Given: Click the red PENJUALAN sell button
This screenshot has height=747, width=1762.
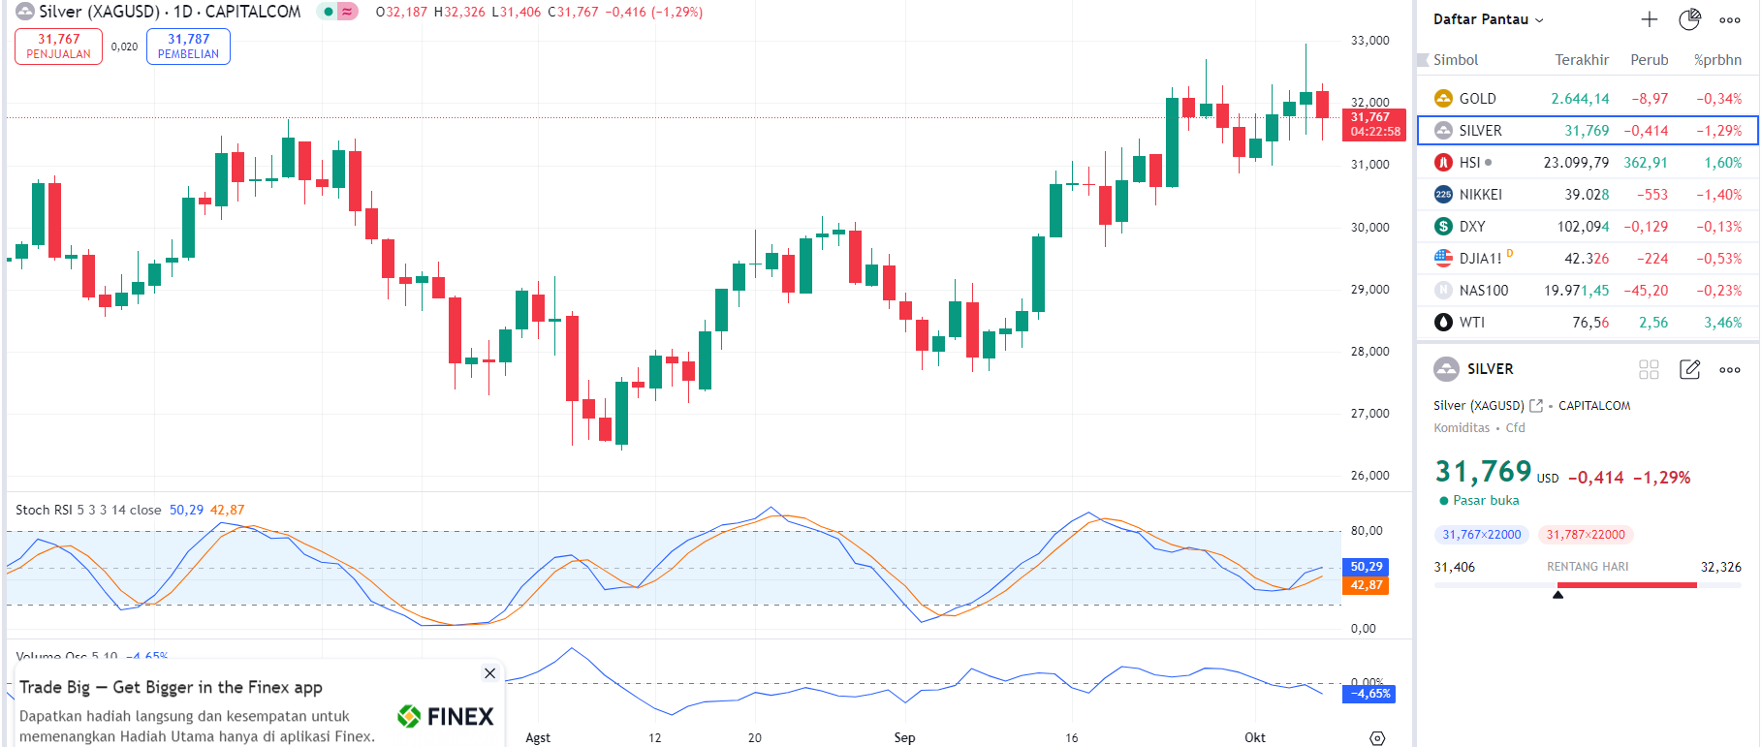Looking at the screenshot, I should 58,47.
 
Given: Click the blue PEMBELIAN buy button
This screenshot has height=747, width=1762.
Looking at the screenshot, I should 188,47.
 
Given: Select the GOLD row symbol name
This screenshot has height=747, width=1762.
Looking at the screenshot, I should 1477,99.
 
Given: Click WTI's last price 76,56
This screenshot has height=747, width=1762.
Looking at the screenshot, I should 1589,323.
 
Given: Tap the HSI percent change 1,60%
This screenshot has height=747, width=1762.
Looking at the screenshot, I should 1722,163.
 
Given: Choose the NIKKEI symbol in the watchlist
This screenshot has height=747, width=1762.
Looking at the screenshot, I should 1480,195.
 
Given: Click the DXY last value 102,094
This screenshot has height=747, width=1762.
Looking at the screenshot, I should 1583,227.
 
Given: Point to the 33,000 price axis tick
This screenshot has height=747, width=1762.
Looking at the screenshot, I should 1369,41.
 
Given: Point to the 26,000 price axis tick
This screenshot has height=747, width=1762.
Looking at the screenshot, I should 1369,476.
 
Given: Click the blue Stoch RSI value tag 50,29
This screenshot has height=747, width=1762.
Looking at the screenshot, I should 1366,567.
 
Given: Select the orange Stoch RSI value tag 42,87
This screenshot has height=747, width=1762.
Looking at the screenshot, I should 1366,585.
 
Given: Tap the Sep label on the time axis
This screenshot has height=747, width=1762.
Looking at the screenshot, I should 904,737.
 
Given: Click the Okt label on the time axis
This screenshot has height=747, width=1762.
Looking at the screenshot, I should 1254,737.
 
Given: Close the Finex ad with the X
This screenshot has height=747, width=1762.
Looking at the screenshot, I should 489,673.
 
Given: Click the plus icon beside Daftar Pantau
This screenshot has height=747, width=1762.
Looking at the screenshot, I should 1649,19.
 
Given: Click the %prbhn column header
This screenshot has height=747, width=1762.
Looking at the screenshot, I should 1717,60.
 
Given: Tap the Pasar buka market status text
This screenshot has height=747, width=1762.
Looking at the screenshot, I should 1485,501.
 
